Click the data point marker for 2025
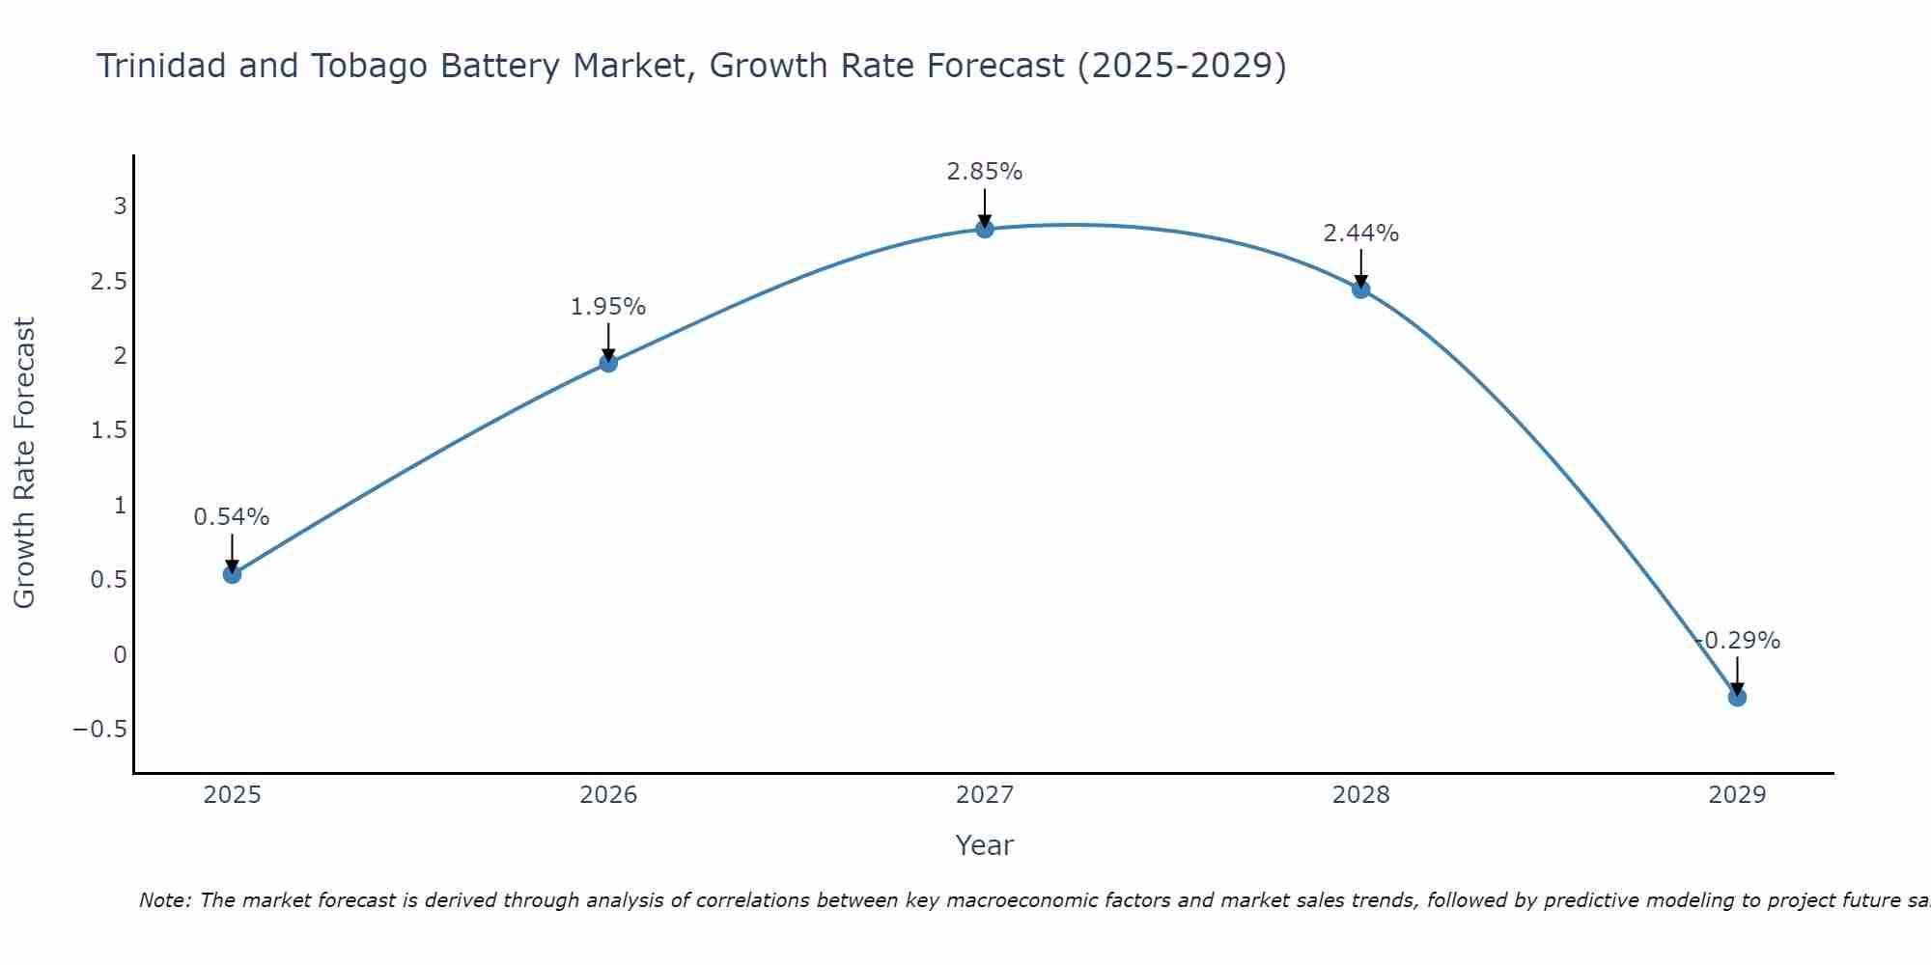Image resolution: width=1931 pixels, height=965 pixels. click(x=232, y=574)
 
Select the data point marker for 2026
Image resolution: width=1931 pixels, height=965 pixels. click(x=608, y=363)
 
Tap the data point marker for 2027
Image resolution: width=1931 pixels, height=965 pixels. click(x=985, y=229)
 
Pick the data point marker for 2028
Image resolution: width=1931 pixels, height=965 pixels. click(x=1361, y=289)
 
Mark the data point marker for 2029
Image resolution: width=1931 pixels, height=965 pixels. click(x=1737, y=697)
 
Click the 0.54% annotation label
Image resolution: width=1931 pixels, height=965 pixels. click(x=232, y=517)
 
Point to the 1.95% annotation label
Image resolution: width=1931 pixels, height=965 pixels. click(x=608, y=307)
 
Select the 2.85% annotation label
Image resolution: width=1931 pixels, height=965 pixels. click(x=985, y=172)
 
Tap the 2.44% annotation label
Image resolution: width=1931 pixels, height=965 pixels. click(x=1361, y=234)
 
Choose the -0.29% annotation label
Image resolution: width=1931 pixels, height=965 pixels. click(x=1738, y=641)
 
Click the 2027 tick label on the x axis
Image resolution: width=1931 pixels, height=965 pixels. click(x=985, y=795)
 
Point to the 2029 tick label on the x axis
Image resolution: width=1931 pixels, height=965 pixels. click(x=1737, y=795)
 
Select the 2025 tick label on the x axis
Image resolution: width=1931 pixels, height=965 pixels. click(x=232, y=795)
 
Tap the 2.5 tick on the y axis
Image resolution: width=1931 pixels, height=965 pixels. click(x=109, y=281)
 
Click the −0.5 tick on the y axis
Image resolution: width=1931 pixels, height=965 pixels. click(x=99, y=729)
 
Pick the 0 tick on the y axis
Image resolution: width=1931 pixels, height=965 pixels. click(x=120, y=654)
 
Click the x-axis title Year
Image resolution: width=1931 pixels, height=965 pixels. click(x=984, y=845)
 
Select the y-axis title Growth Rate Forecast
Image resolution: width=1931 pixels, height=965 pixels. click(x=24, y=463)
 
